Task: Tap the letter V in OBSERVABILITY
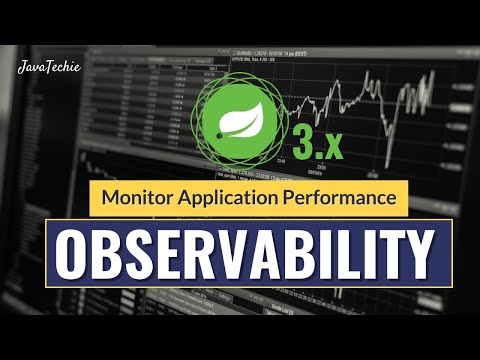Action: click(226, 255)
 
